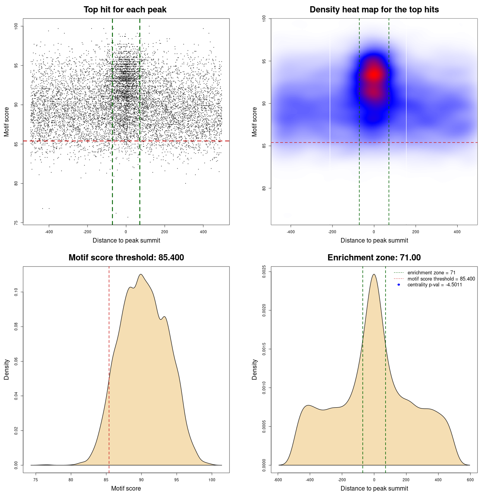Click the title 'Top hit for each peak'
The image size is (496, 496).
tap(125, 10)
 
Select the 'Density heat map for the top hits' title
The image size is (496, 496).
tap(374, 10)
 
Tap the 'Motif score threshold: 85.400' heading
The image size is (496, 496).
tap(126, 258)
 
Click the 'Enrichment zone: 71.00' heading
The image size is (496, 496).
tap(374, 258)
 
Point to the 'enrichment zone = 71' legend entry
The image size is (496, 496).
tap(431, 273)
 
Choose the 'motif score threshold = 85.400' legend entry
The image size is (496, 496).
tap(441, 279)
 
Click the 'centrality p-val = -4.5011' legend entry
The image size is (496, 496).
tap(434, 285)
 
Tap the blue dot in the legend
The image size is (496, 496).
tap(399, 285)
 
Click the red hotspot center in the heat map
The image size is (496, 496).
tap(374, 74)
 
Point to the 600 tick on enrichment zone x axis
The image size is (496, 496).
tap(470, 480)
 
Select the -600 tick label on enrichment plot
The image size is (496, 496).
tap(278, 480)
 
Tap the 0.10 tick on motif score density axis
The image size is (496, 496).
tap(16, 292)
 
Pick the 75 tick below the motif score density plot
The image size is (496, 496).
tap(36, 480)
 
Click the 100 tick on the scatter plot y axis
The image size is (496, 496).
tap(16, 26)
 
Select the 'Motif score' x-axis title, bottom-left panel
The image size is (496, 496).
tap(126, 488)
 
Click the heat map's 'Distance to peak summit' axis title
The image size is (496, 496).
tap(374, 240)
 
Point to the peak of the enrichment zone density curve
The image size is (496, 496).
tap(374, 274)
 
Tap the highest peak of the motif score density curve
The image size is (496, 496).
tap(141, 274)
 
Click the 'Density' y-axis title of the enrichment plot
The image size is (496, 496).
tap(255, 369)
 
